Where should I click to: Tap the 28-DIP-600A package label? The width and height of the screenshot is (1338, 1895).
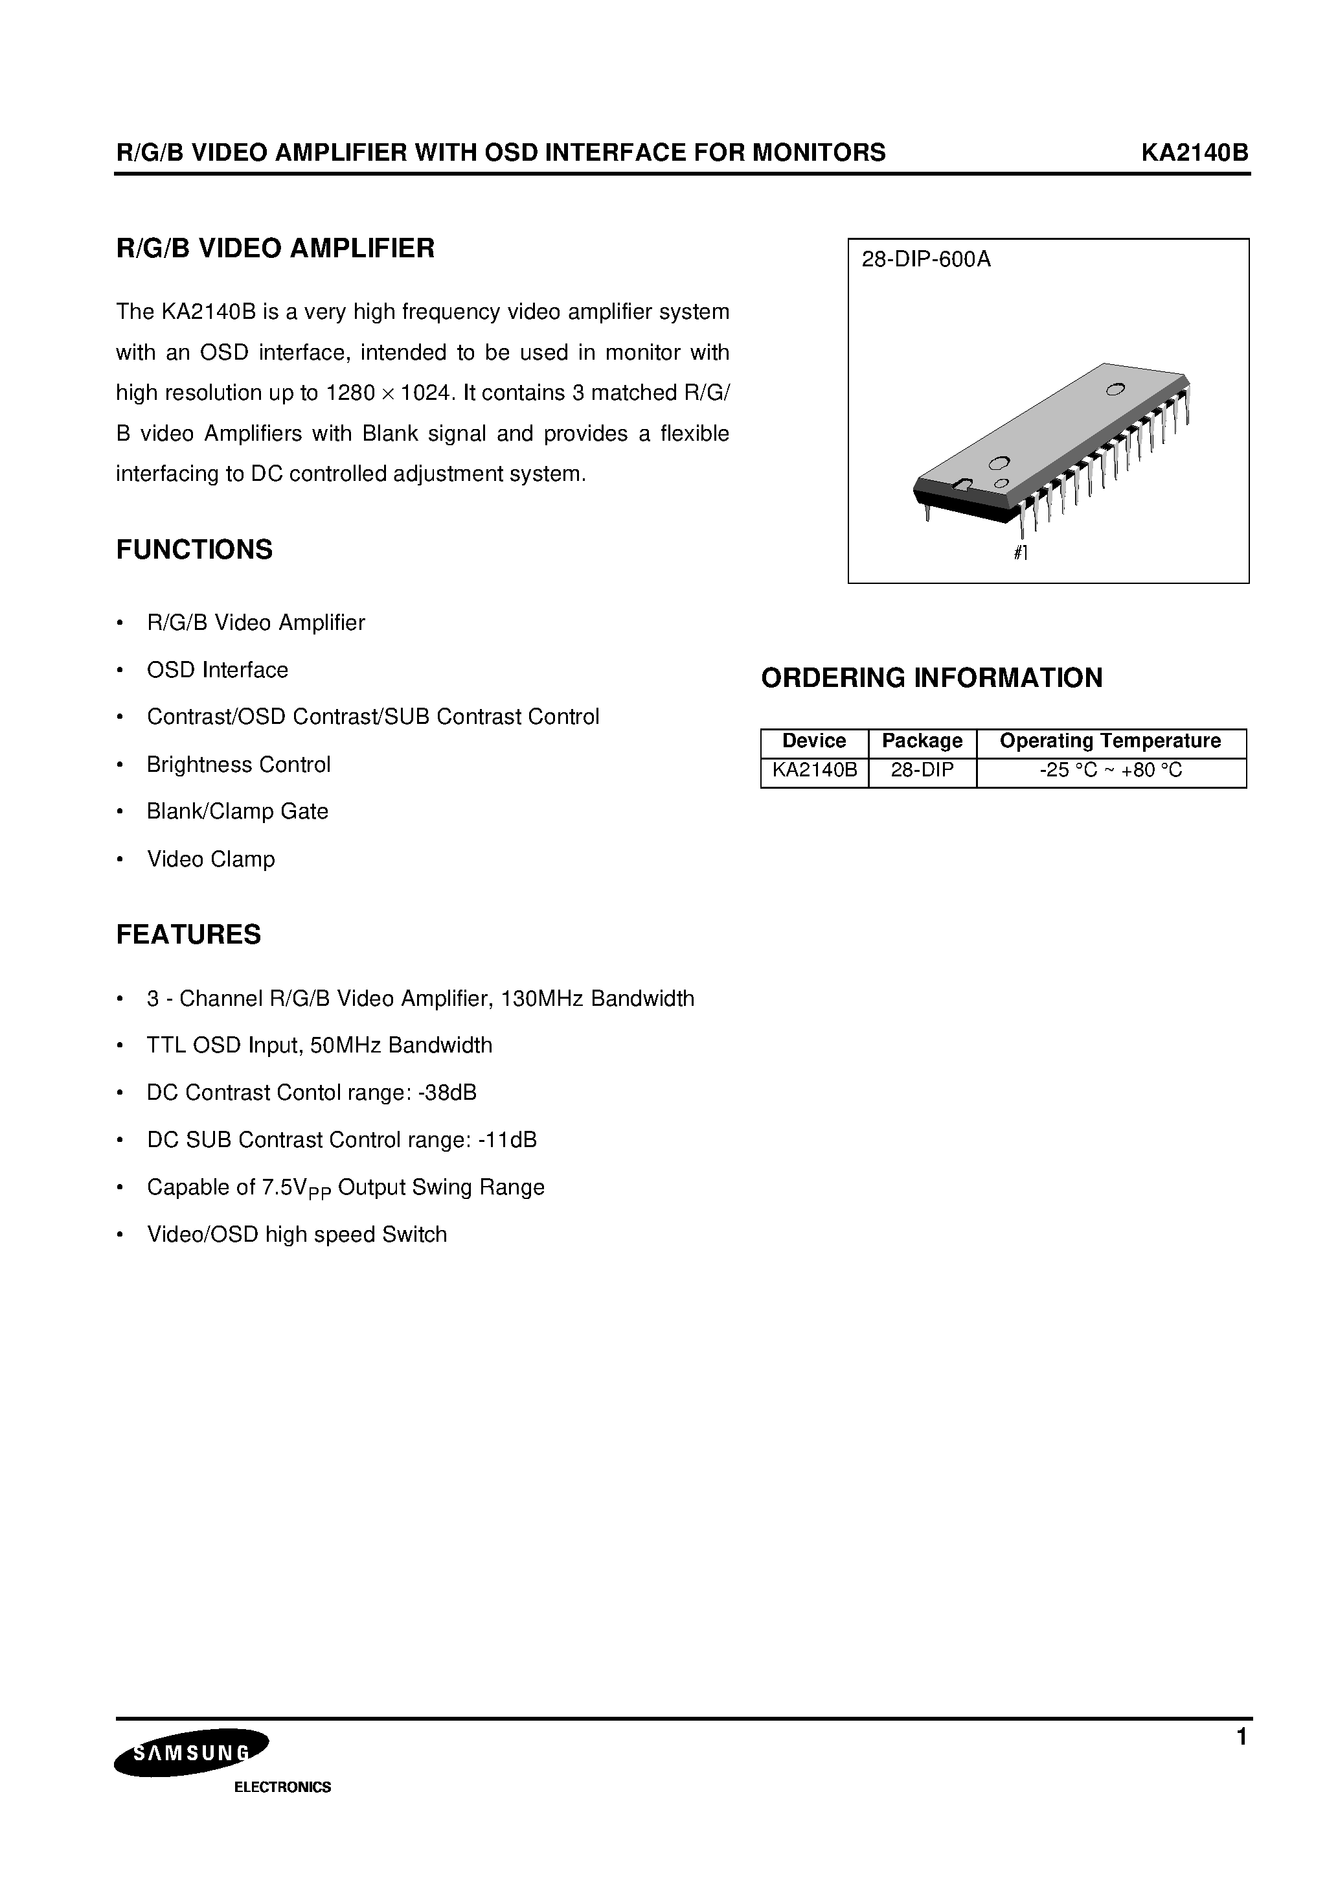click(x=925, y=260)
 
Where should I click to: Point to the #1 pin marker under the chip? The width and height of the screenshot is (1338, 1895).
click(x=1021, y=553)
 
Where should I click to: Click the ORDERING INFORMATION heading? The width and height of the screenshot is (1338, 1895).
click(x=931, y=678)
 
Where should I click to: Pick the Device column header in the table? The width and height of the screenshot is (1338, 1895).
click(x=813, y=741)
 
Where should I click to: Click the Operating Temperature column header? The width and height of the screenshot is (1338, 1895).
click(x=1109, y=741)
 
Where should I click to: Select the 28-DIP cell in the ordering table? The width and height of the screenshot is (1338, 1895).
click(x=922, y=771)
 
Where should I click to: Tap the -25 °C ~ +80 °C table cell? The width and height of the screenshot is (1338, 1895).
click(x=1110, y=771)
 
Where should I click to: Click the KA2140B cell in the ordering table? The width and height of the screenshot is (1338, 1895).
click(x=814, y=771)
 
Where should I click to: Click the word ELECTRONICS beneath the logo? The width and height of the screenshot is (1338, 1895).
click(x=282, y=1787)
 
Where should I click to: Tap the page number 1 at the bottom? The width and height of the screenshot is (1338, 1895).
click(x=1242, y=1738)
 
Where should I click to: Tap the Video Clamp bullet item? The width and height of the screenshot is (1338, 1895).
click(x=210, y=859)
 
